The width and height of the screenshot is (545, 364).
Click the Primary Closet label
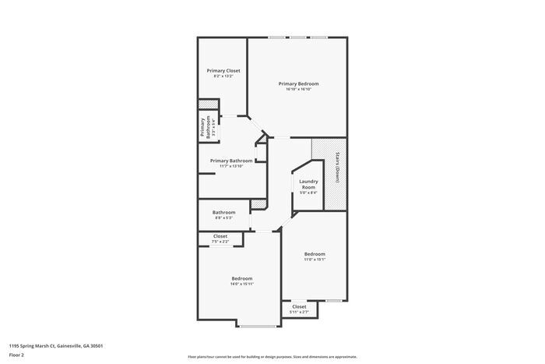[223, 70]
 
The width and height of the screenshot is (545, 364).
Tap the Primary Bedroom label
[299, 83]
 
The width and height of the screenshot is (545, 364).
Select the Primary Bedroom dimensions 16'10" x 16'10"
[299, 90]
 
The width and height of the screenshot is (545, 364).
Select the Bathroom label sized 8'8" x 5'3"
[223, 212]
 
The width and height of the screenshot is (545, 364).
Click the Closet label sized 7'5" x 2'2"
[220, 236]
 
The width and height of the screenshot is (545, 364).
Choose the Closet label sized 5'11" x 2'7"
[299, 306]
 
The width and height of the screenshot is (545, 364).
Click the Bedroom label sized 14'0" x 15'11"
[241, 278]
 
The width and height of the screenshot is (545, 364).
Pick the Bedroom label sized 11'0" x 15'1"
[315, 254]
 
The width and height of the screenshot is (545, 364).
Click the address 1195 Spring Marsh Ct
[55, 345]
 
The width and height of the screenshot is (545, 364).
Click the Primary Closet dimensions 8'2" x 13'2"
[223, 76]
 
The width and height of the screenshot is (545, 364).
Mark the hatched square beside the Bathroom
[254, 205]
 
